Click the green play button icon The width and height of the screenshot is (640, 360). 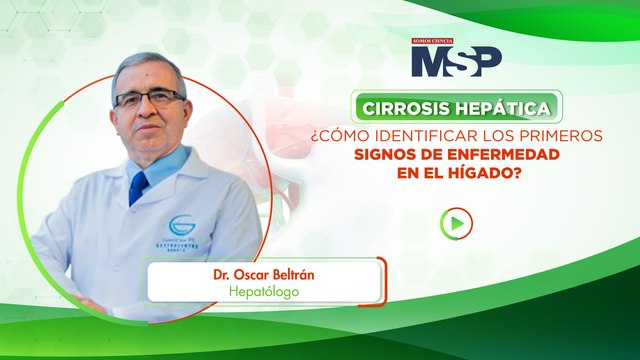click(456, 223)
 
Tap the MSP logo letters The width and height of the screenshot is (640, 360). click(456, 61)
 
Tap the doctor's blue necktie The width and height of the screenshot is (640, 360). click(139, 187)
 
